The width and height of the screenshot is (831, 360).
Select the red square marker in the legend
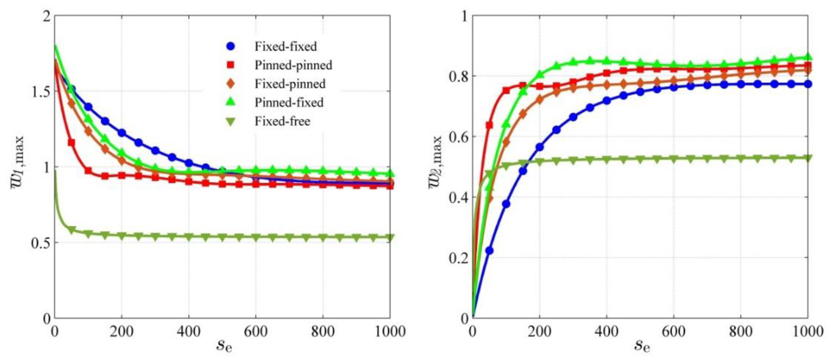point(231,65)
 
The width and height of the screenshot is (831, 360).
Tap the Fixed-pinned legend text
point(290,84)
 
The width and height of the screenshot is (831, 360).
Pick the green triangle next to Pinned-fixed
point(231,102)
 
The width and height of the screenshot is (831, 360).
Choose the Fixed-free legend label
point(282,121)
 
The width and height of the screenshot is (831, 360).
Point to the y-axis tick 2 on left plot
point(47,16)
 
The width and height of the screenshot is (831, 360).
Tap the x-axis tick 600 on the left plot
point(256,331)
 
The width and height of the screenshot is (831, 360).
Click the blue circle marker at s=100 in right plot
point(506,204)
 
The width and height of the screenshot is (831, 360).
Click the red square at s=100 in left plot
point(88,171)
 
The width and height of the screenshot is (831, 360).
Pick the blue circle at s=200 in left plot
point(122,133)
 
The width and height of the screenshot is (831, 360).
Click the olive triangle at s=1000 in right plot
point(808,158)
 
